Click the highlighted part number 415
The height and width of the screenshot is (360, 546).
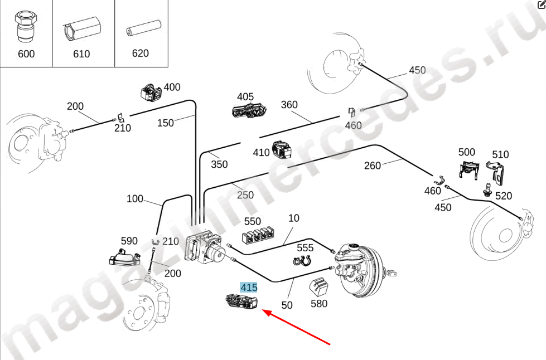pos(249,288)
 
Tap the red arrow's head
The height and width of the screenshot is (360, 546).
pos(265,313)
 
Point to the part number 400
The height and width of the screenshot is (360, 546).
pos(172,87)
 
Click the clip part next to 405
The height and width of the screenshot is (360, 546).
pos(249,110)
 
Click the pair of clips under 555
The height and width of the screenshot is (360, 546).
pos(302,260)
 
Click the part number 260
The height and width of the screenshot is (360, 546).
pos(372,166)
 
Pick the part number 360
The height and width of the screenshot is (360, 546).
pos(289,104)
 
